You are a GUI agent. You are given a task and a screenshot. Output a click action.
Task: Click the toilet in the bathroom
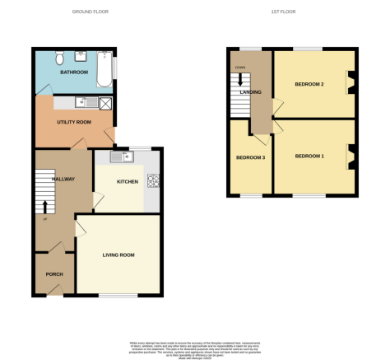[58, 58]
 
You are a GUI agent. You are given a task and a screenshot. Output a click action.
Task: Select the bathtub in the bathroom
[104, 69]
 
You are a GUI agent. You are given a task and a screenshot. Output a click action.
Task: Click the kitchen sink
[118, 157]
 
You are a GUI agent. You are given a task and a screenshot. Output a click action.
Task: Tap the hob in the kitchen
[152, 180]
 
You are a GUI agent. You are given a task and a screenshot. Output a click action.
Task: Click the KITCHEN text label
[127, 181]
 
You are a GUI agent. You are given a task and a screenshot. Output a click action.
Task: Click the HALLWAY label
[63, 179]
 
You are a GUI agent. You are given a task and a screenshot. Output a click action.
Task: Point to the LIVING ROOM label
[118, 255]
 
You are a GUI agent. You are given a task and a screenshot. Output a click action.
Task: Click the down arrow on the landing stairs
[240, 79]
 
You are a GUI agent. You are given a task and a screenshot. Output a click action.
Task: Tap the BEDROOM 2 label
[310, 85]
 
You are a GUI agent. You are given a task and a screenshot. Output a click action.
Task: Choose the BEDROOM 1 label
[310, 157]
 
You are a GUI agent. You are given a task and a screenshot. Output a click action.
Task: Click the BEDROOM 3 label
[250, 157]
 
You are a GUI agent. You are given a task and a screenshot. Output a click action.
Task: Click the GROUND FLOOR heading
[91, 12]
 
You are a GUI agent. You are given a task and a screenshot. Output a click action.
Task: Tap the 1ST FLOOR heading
[284, 12]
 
